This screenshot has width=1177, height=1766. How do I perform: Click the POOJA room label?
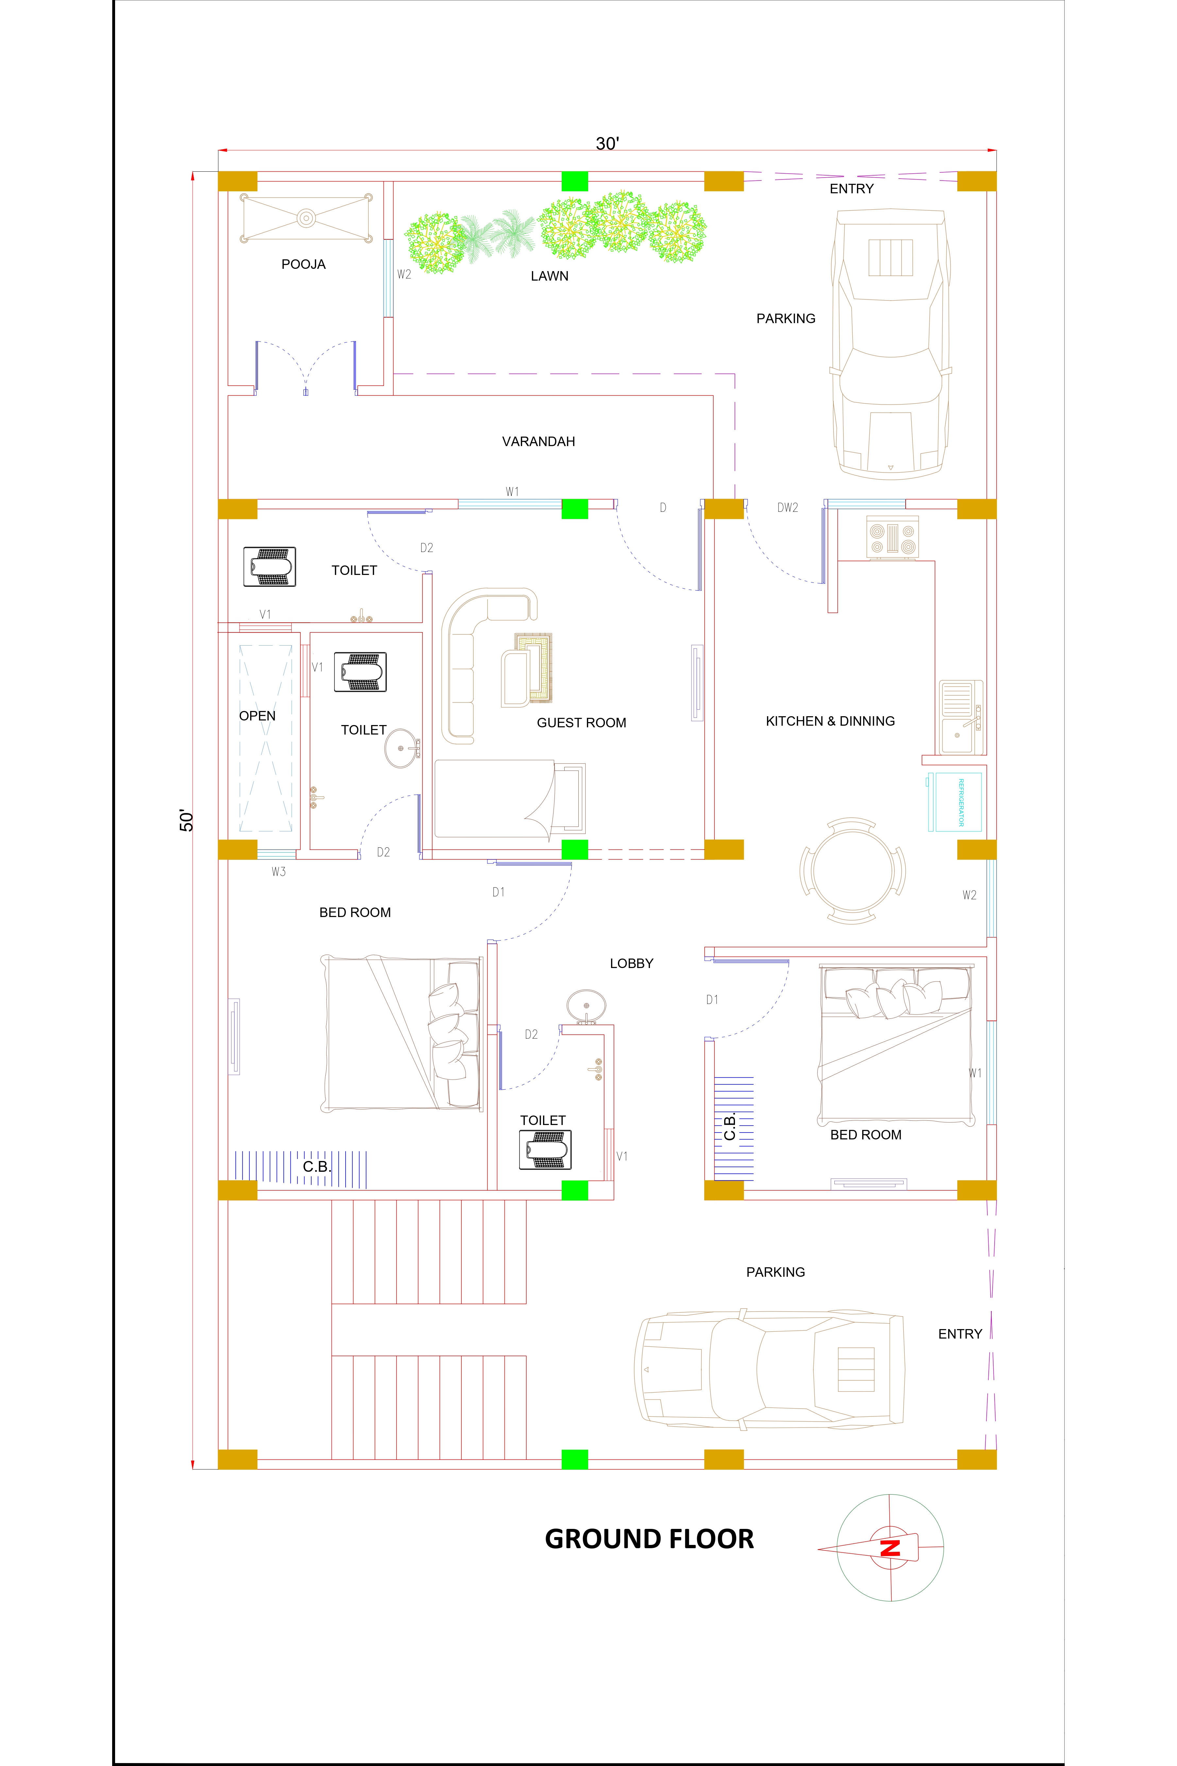tap(303, 264)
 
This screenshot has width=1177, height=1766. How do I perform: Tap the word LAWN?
tap(550, 276)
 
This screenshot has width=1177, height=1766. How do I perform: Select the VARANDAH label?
tap(538, 441)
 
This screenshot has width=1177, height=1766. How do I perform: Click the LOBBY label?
tap(631, 963)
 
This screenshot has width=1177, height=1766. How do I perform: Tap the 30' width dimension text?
tap(607, 144)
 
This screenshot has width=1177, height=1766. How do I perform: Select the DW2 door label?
tap(787, 508)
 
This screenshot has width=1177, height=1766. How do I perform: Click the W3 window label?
tap(279, 872)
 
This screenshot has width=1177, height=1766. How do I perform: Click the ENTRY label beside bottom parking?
tap(959, 1334)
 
